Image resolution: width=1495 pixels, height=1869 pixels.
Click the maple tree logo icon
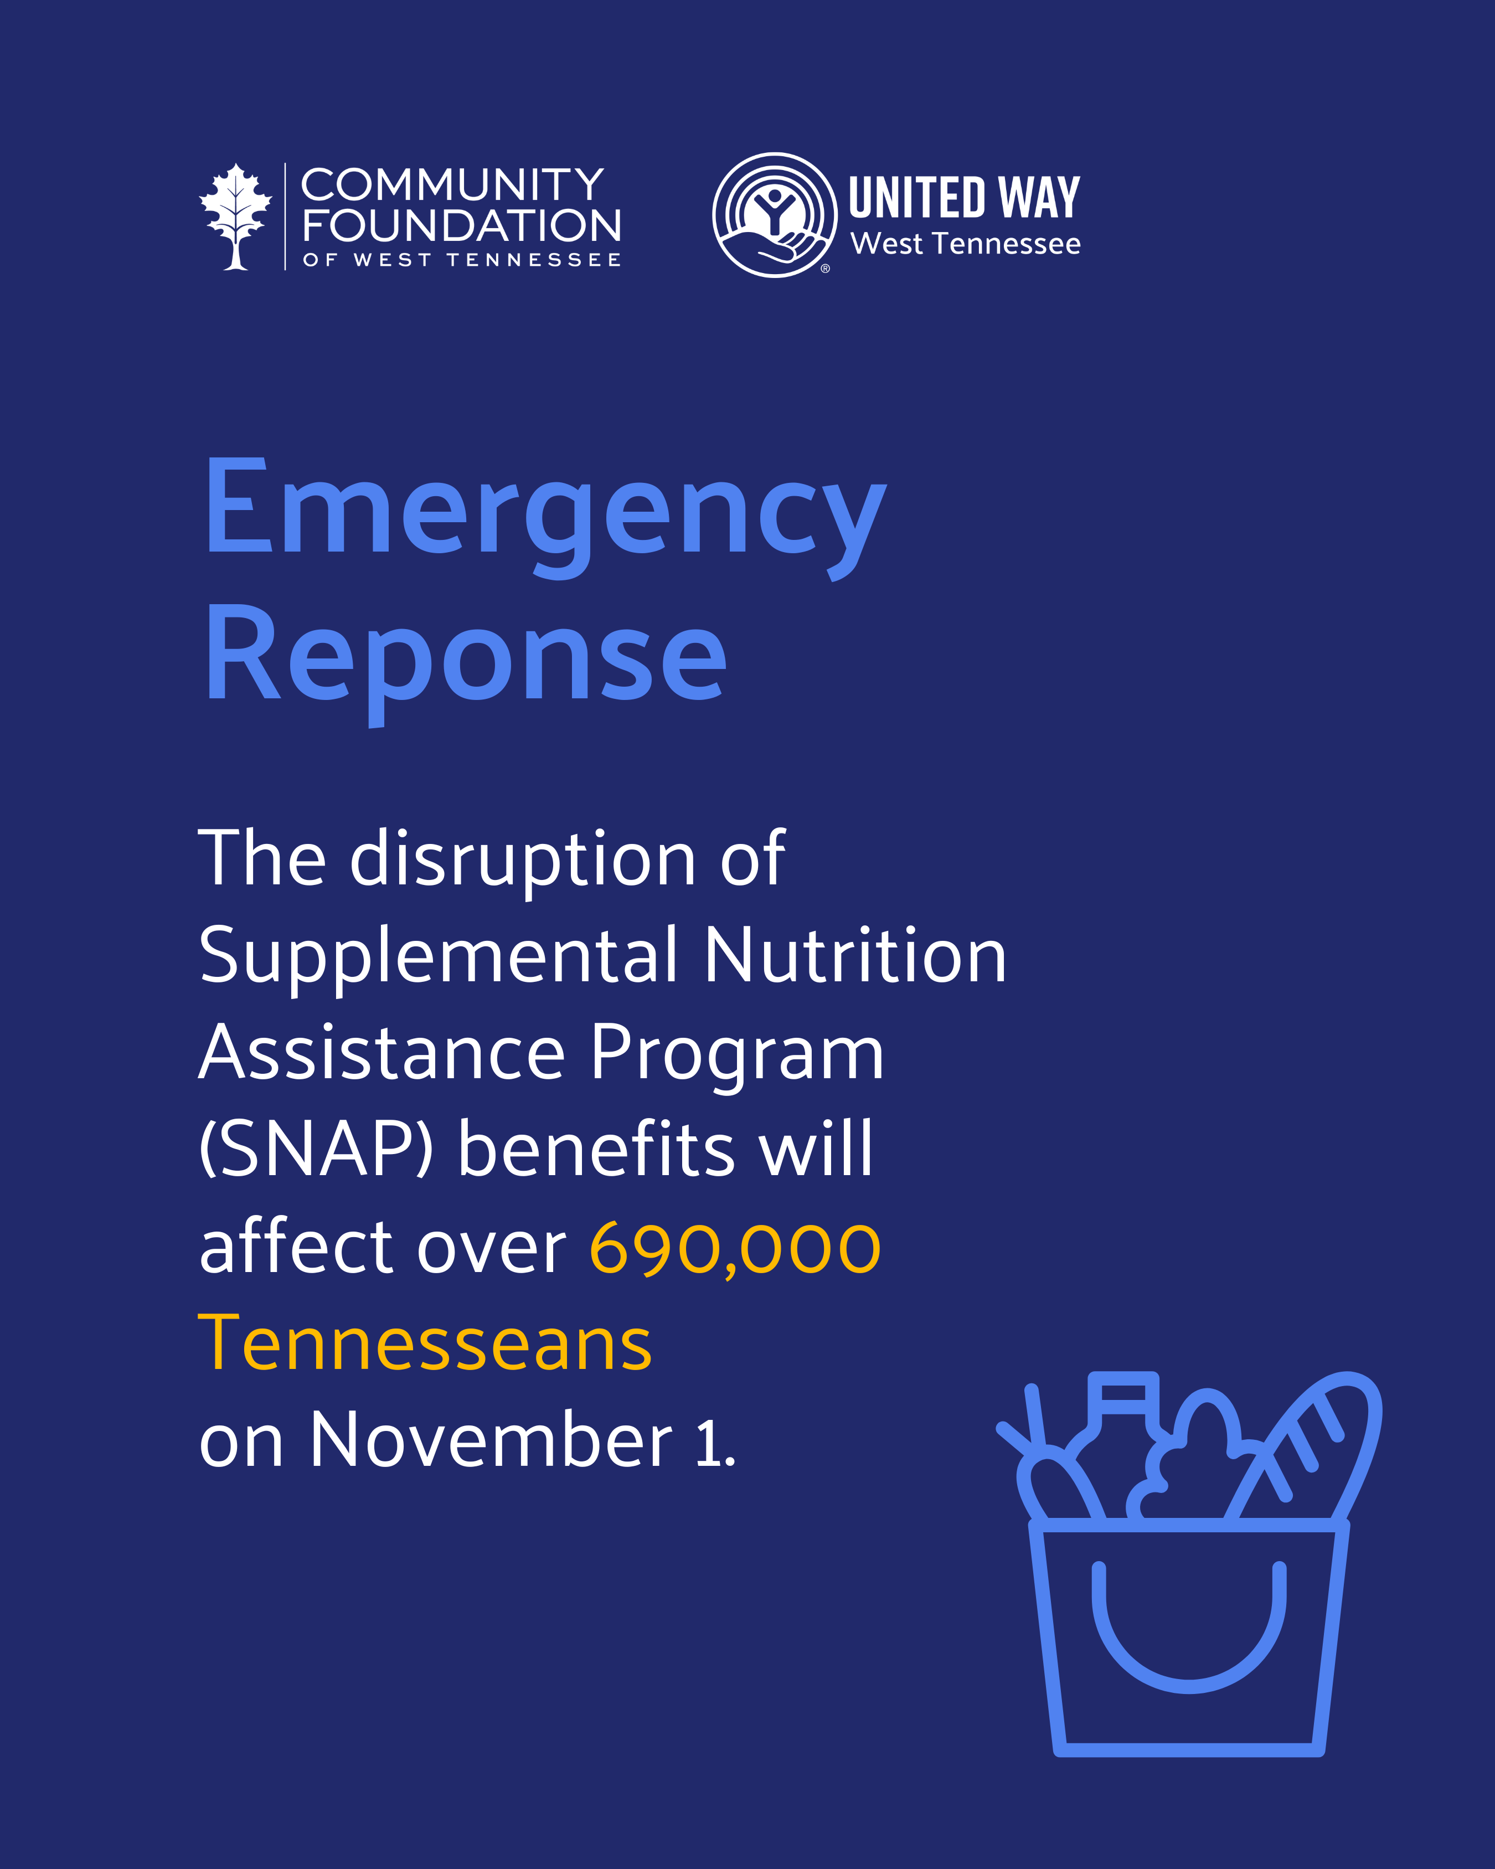tap(236, 217)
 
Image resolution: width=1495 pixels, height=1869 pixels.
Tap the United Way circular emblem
tap(775, 215)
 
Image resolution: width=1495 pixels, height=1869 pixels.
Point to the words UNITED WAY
tap(964, 198)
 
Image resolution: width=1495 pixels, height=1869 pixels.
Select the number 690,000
tap(735, 1248)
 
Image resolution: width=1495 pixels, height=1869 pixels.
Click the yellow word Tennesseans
tap(425, 1343)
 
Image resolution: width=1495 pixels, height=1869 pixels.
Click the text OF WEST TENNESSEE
tap(461, 260)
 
